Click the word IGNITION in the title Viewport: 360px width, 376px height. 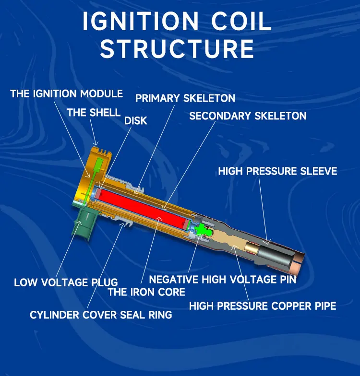(x=140, y=21)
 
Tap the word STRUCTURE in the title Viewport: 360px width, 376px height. (x=177, y=49)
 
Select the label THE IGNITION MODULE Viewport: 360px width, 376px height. (x=66, y=94)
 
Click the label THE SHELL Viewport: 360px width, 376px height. (x=94, y=112)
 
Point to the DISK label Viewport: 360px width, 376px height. (x=135, y=121)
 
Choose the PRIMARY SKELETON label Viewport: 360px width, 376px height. (x=185, y=98)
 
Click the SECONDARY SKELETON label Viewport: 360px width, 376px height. (x=248, y=116)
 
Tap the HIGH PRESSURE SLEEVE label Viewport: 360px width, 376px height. (x=277, y=171)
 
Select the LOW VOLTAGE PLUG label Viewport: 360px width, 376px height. (x=66, y=282)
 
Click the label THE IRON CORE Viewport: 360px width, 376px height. (x=146, y=292)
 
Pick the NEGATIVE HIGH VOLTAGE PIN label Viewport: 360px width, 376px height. (x=223, y=280)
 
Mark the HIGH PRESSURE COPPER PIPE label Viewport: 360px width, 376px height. (x=263, y=306)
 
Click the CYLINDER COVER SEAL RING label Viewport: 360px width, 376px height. (x=101, y=315)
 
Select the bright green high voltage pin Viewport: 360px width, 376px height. (x=202, y=230)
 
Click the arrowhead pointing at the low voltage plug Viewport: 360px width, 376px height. (x=79, y=223)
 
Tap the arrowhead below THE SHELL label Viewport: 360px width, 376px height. (x=96, y=143)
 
